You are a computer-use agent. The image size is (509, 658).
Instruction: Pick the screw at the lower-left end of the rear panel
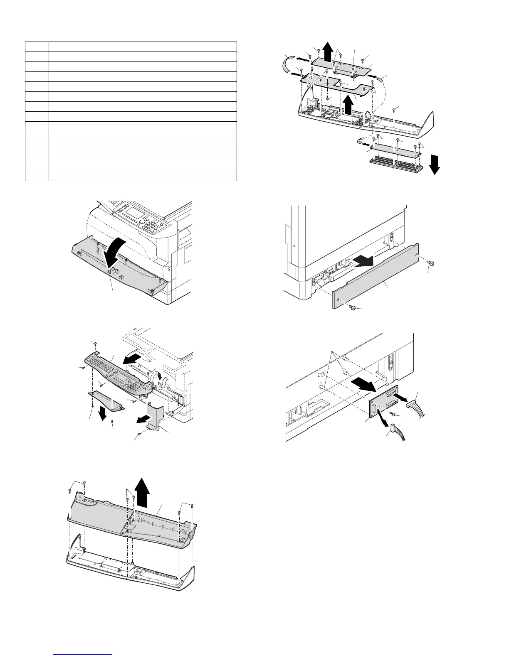(x=353, y=308)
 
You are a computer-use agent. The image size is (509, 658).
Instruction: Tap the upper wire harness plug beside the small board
(x=411, y=403)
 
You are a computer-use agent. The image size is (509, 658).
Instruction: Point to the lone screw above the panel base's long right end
(x=395, y=110)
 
